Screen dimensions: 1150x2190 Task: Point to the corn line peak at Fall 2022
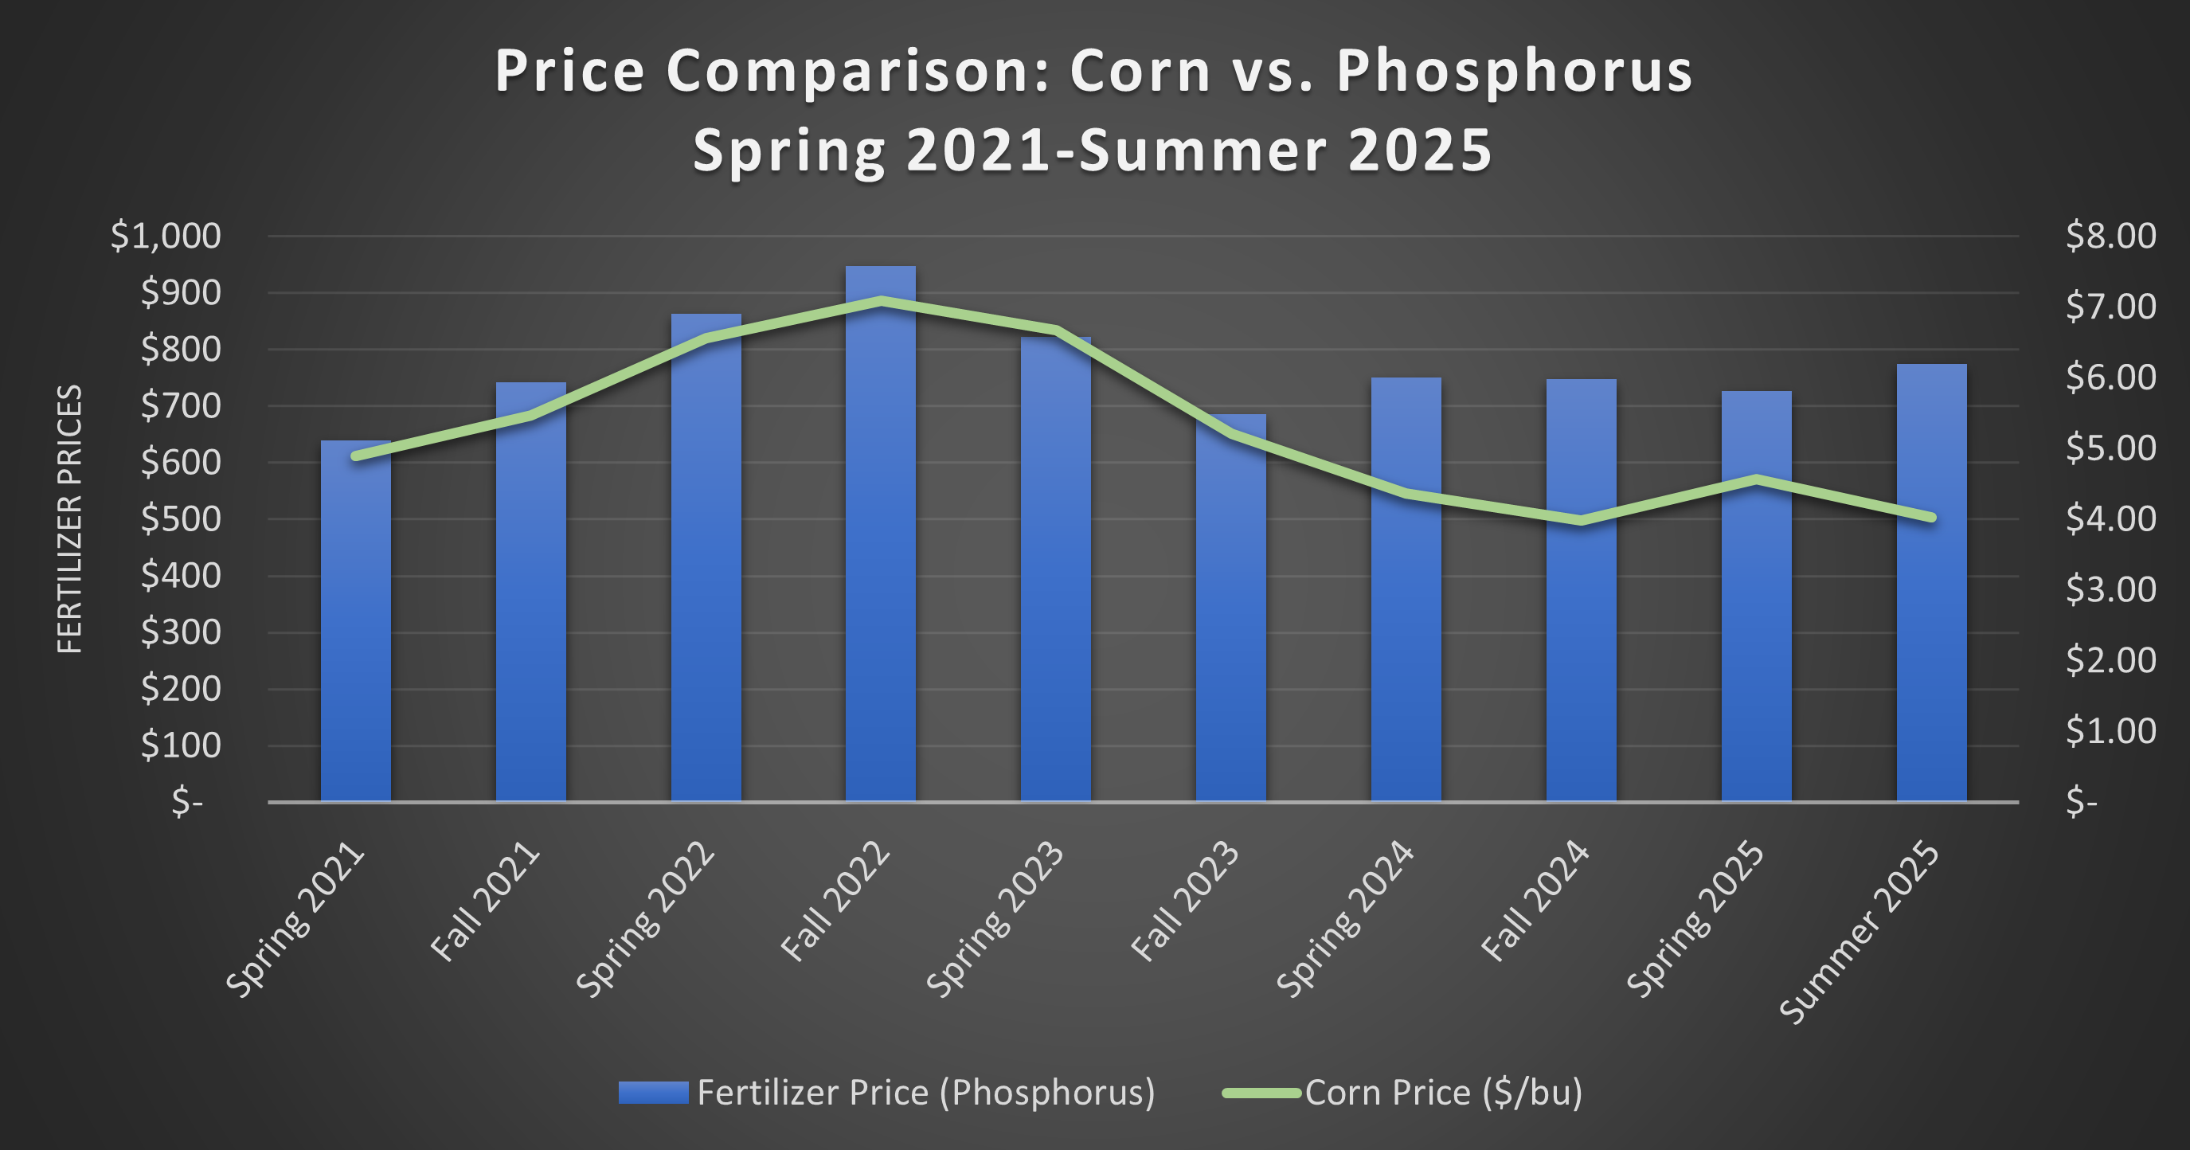(x=881, y=300)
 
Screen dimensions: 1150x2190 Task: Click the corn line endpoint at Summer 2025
(x=1931, y=517)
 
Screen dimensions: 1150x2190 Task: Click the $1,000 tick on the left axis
(x=165, y=236)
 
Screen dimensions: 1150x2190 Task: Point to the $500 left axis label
(x=180, y=518)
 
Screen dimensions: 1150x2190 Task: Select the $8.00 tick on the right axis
(x=2110, y=236)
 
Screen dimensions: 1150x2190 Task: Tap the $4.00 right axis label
(x=2110, y=518)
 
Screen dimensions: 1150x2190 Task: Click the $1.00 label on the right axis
(x=2110, y=731)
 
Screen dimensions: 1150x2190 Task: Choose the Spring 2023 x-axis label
(x=995, y=918)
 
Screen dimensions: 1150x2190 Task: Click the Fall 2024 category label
(x=1535, y=901)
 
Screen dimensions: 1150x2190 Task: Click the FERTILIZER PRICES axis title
(x=70, y=518)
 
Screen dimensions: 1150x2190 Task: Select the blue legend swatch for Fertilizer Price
(x=653, y=1092)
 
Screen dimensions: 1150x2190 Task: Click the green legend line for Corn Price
(x=1261, y=1093)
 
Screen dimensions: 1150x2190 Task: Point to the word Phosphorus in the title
(x=1514, y=72)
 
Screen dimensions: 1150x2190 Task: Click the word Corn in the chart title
(x=1140, y=72)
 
